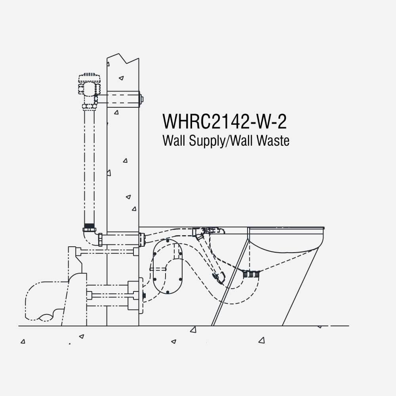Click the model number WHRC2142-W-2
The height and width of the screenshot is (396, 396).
coord(225,122)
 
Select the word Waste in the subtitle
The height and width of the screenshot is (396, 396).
coord(273,141)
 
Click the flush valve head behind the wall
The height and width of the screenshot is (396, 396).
coord(89,84)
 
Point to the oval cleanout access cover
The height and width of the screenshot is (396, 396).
coord(168,267)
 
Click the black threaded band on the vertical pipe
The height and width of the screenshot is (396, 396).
coord(89,226)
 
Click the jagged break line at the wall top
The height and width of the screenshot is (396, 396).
coord(123,59)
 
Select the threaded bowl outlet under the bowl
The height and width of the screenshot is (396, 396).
coord(251,274)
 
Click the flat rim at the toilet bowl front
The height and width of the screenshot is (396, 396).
coord(286,228)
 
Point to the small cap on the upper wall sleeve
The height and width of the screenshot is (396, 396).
coord(141,99)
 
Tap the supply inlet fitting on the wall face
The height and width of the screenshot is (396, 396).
coord(142,239)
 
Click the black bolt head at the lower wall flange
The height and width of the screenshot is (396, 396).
coord(144,295)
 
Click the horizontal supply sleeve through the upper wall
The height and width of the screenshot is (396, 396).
coord(123,99)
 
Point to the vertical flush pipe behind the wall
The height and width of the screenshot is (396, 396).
coord(89,167)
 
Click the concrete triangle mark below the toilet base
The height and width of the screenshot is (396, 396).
coord(193,329)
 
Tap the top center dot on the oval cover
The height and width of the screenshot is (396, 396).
coord(168,241)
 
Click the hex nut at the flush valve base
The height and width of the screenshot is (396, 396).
coord(89,106)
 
